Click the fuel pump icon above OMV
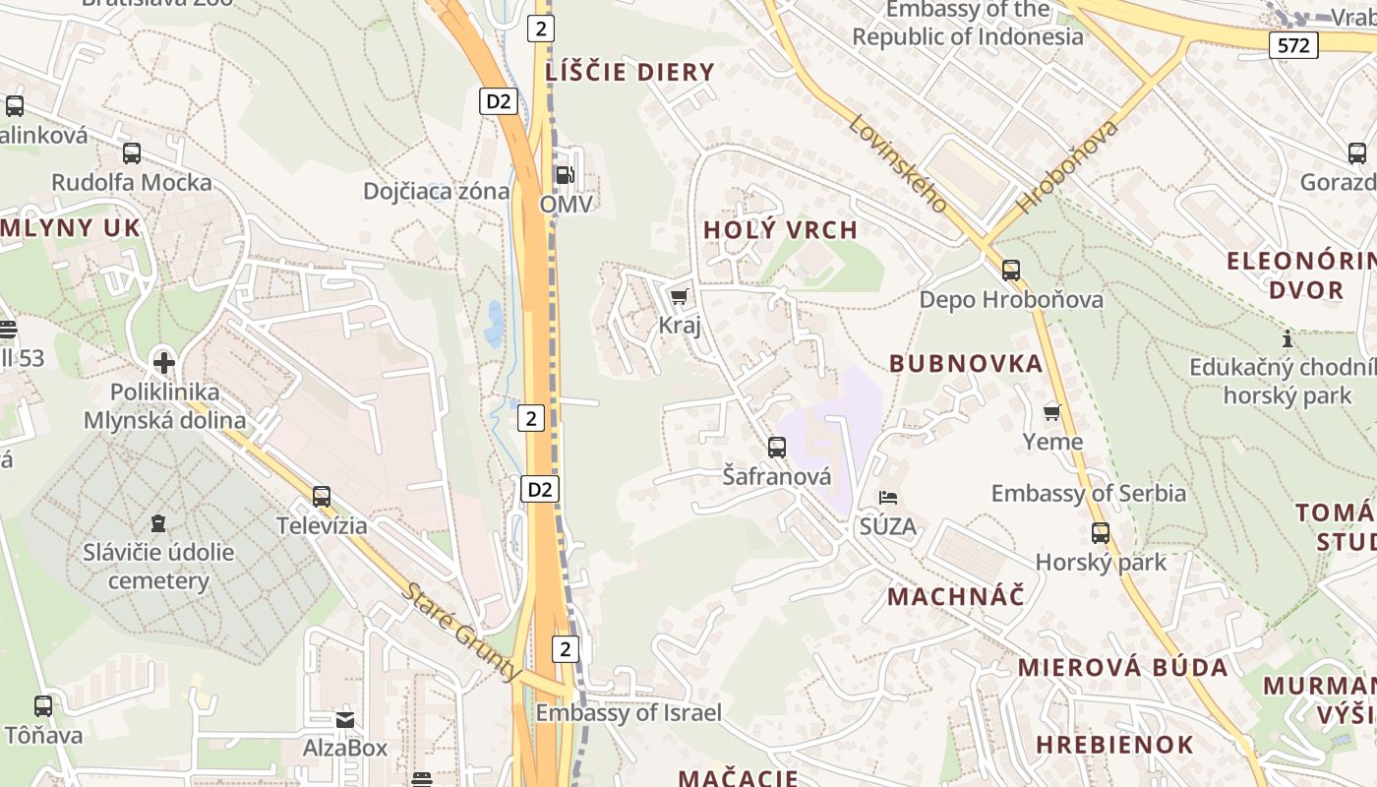tap(565, 175)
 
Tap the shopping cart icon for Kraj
tap(679, 296)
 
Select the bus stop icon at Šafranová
tap(777, 448)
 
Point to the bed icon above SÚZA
tap(888, 498)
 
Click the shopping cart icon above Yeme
tap(1052, 412)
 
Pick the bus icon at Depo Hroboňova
tap(1011, 271)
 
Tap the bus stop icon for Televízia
tap(322, 497)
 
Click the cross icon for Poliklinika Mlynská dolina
tap(164, 363)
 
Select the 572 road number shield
tap(1292, 45)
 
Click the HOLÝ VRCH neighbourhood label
tap(781, 230)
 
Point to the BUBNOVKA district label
tap(966, 364)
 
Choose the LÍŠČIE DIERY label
tap(630, 72)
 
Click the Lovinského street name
tap(897, 163)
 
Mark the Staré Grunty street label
tap(461, 632)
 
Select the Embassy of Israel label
tap(629, 713)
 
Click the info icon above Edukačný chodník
tap(1287, 339)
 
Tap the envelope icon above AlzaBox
tap(345, 719)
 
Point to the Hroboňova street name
tap(1067, 167)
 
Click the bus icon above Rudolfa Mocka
tap(132, 153)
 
